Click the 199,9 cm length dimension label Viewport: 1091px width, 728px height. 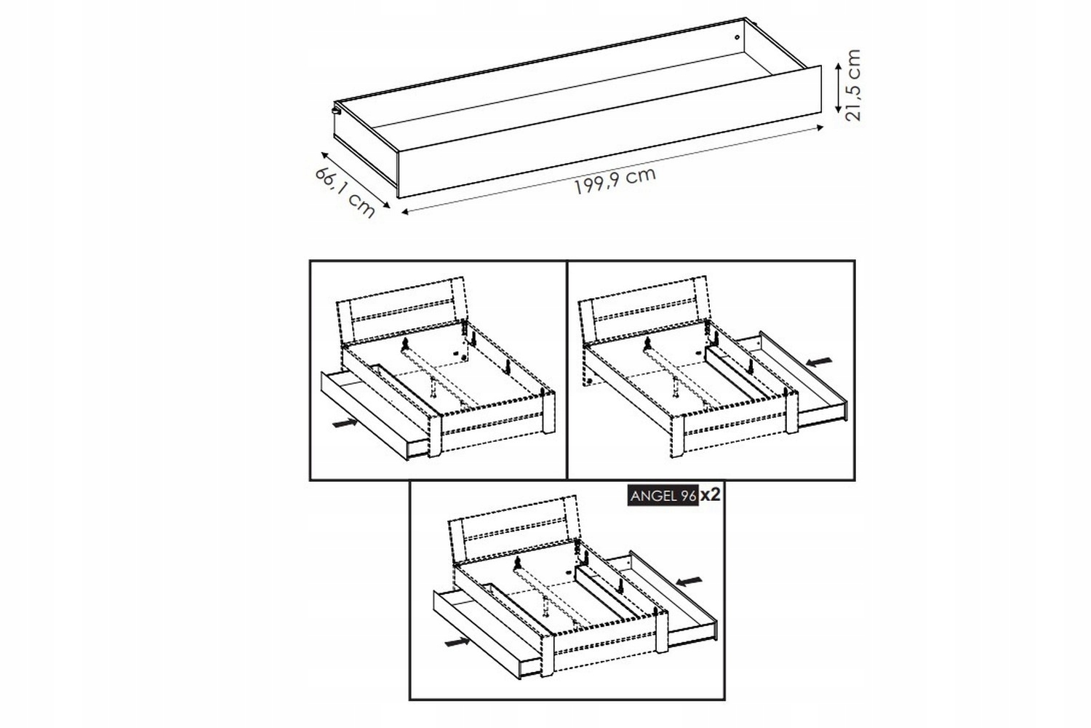(x=615, y=181)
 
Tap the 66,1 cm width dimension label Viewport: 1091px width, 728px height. (x=345, y=193)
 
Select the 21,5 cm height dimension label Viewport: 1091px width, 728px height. (x=853, y=85)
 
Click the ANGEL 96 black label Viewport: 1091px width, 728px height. (x=663, y=496)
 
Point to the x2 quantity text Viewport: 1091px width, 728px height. (x=710, y=496)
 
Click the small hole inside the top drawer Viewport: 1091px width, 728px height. (x=737, y=36)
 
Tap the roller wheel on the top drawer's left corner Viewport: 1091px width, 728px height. (x=335, y=110)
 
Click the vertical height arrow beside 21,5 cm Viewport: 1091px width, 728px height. (x=838, y=88)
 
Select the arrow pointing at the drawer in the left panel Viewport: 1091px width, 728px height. (x=345, y=422)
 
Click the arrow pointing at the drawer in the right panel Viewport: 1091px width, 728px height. (x=819, y=361)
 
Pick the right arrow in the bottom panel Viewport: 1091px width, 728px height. (x=690, y=581)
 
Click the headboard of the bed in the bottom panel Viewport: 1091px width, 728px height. (x=513, y=529)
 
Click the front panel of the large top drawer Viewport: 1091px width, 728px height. (x=610, y=132)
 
